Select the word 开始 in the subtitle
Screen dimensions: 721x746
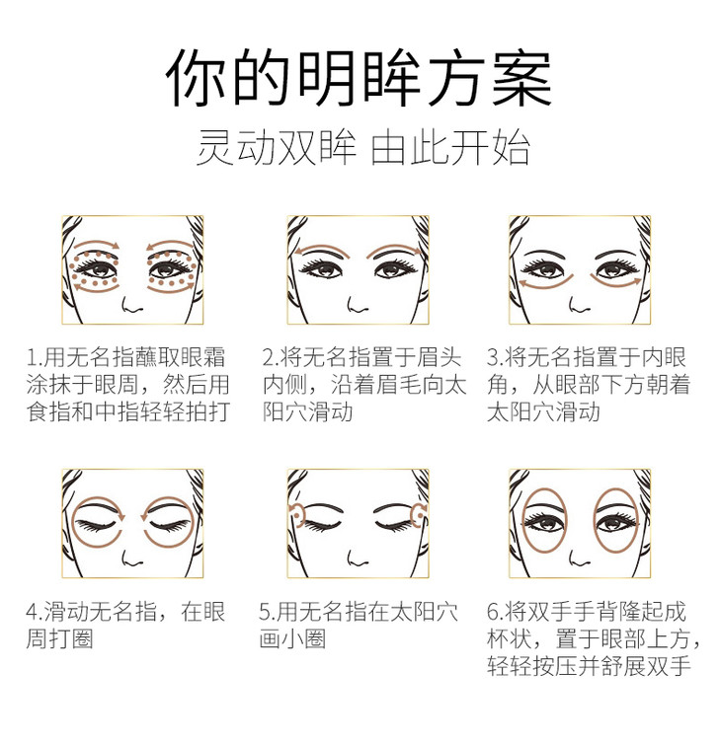[490, 147]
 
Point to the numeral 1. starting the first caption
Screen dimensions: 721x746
[35, 357]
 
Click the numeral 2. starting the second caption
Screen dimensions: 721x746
[271, 357]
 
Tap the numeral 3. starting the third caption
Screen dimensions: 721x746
[495, 357]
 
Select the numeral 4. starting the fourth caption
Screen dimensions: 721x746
[35, 612]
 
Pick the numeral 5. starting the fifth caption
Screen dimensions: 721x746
[268, 612]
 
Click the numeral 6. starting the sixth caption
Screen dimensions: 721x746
[495, 612]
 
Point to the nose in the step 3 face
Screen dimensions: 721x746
[579, 305]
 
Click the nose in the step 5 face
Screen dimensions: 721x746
[358, 559]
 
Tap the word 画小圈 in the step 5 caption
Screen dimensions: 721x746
[293, 638]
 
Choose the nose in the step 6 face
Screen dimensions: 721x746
[579, 559]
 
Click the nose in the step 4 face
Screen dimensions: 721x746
[132, 559]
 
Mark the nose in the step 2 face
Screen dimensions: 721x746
[358, 305]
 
